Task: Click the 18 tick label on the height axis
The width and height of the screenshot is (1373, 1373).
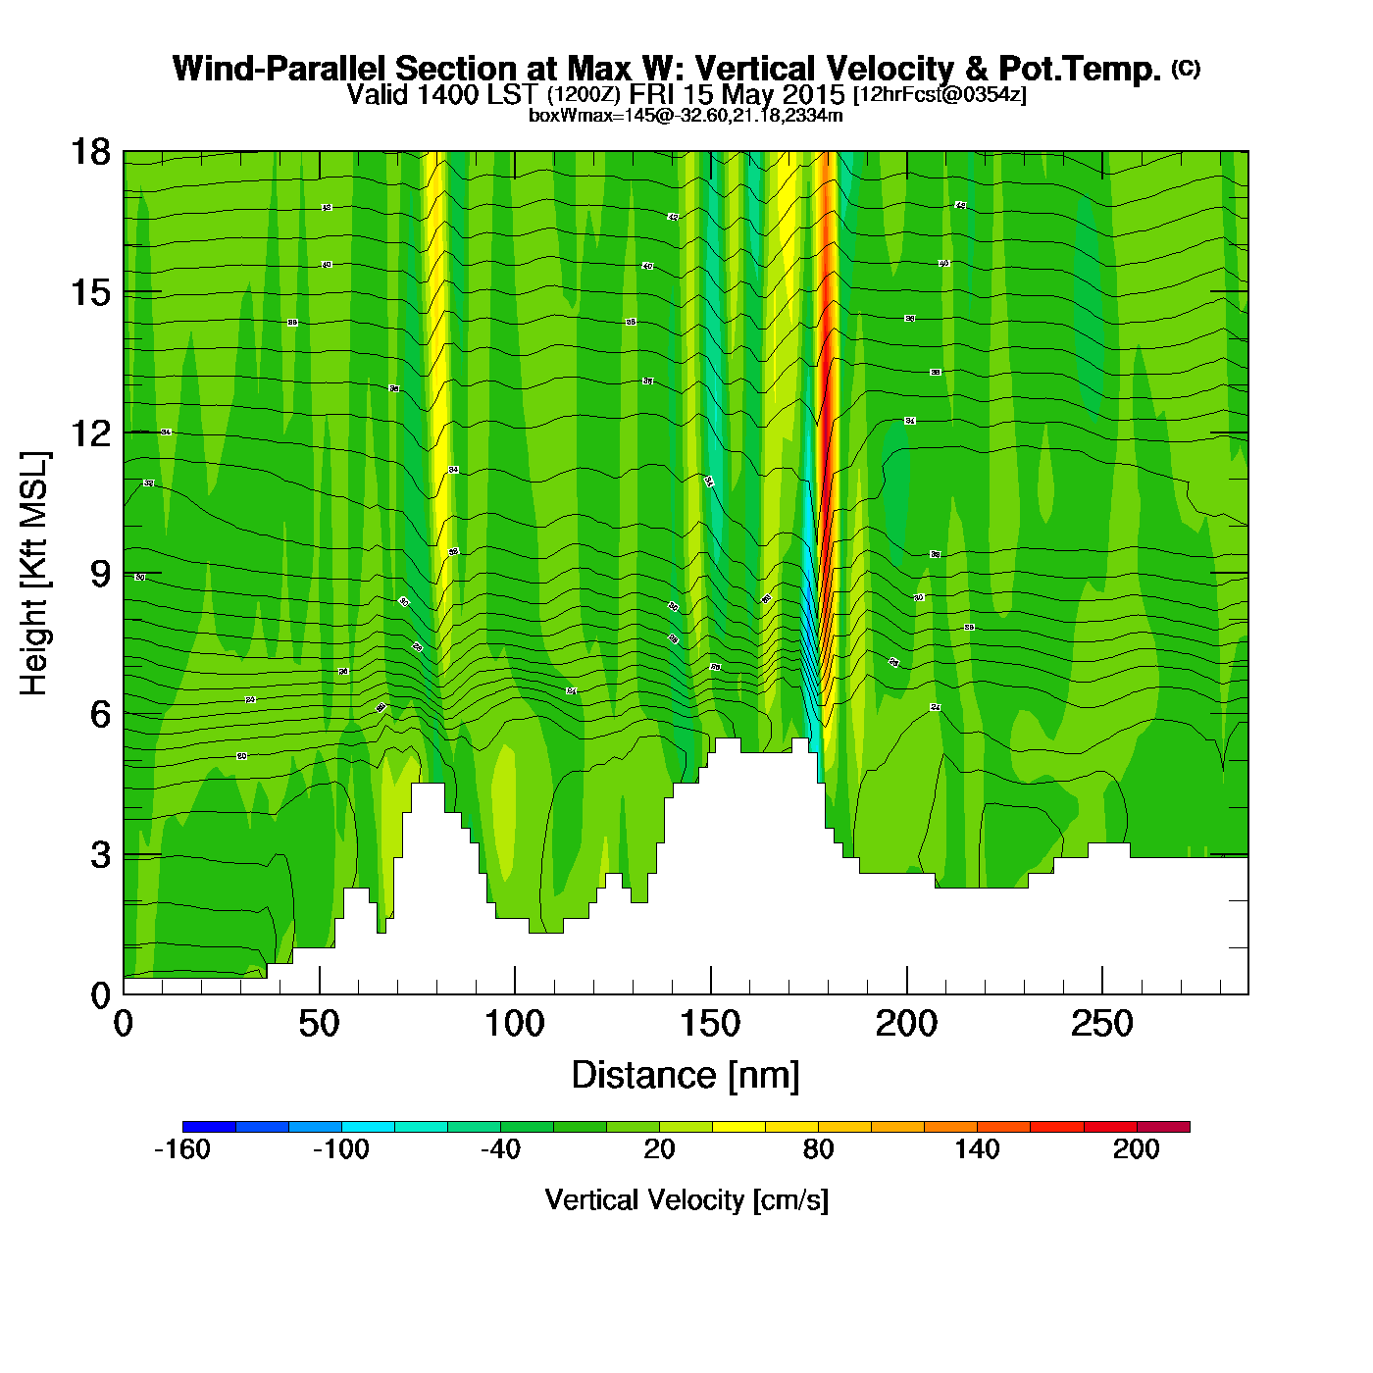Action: coord(90,152)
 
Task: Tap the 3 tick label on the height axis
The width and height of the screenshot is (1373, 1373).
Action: coord(100,855)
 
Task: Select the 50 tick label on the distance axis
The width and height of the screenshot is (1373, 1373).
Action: coord(319,1025)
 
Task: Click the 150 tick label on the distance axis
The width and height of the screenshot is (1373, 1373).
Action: coord(710,1025)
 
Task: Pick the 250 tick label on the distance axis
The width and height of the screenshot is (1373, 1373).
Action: coord(1101,1025)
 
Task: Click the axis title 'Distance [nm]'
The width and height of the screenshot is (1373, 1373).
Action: coord(686,1076)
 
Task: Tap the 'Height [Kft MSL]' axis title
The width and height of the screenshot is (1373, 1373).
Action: coord(34,574)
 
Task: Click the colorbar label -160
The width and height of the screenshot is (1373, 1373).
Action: coord(182,1149)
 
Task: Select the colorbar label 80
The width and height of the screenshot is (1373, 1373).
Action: coord(818,1149)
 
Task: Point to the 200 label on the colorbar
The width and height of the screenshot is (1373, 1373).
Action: coord(1136,1149)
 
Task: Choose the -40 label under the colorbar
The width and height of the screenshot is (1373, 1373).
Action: coord(500,1149)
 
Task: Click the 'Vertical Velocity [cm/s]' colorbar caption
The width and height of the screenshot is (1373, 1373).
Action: coord(686,1200)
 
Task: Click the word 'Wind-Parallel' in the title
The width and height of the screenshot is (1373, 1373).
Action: coord(280,69)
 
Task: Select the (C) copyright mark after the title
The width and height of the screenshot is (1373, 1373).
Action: coord(1186,68)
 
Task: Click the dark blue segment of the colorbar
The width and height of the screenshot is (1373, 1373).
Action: coord(209,1126)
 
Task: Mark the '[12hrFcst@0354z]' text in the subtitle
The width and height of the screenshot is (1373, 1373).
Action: coord(940,95)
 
